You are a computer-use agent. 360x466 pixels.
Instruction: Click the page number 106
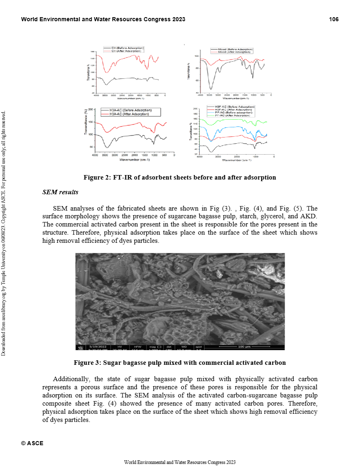pos(334,19)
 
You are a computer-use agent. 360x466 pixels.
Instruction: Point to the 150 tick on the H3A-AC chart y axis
pos(91,122)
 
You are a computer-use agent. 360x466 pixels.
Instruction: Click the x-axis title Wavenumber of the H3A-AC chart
pos(135,160)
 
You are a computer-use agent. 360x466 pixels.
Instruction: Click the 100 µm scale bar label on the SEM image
pos(244,347)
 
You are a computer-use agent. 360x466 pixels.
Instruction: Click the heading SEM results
pos(60,192)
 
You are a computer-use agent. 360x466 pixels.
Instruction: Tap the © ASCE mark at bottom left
pos(32,444)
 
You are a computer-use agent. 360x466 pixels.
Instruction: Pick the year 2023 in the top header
pos(178,19)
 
